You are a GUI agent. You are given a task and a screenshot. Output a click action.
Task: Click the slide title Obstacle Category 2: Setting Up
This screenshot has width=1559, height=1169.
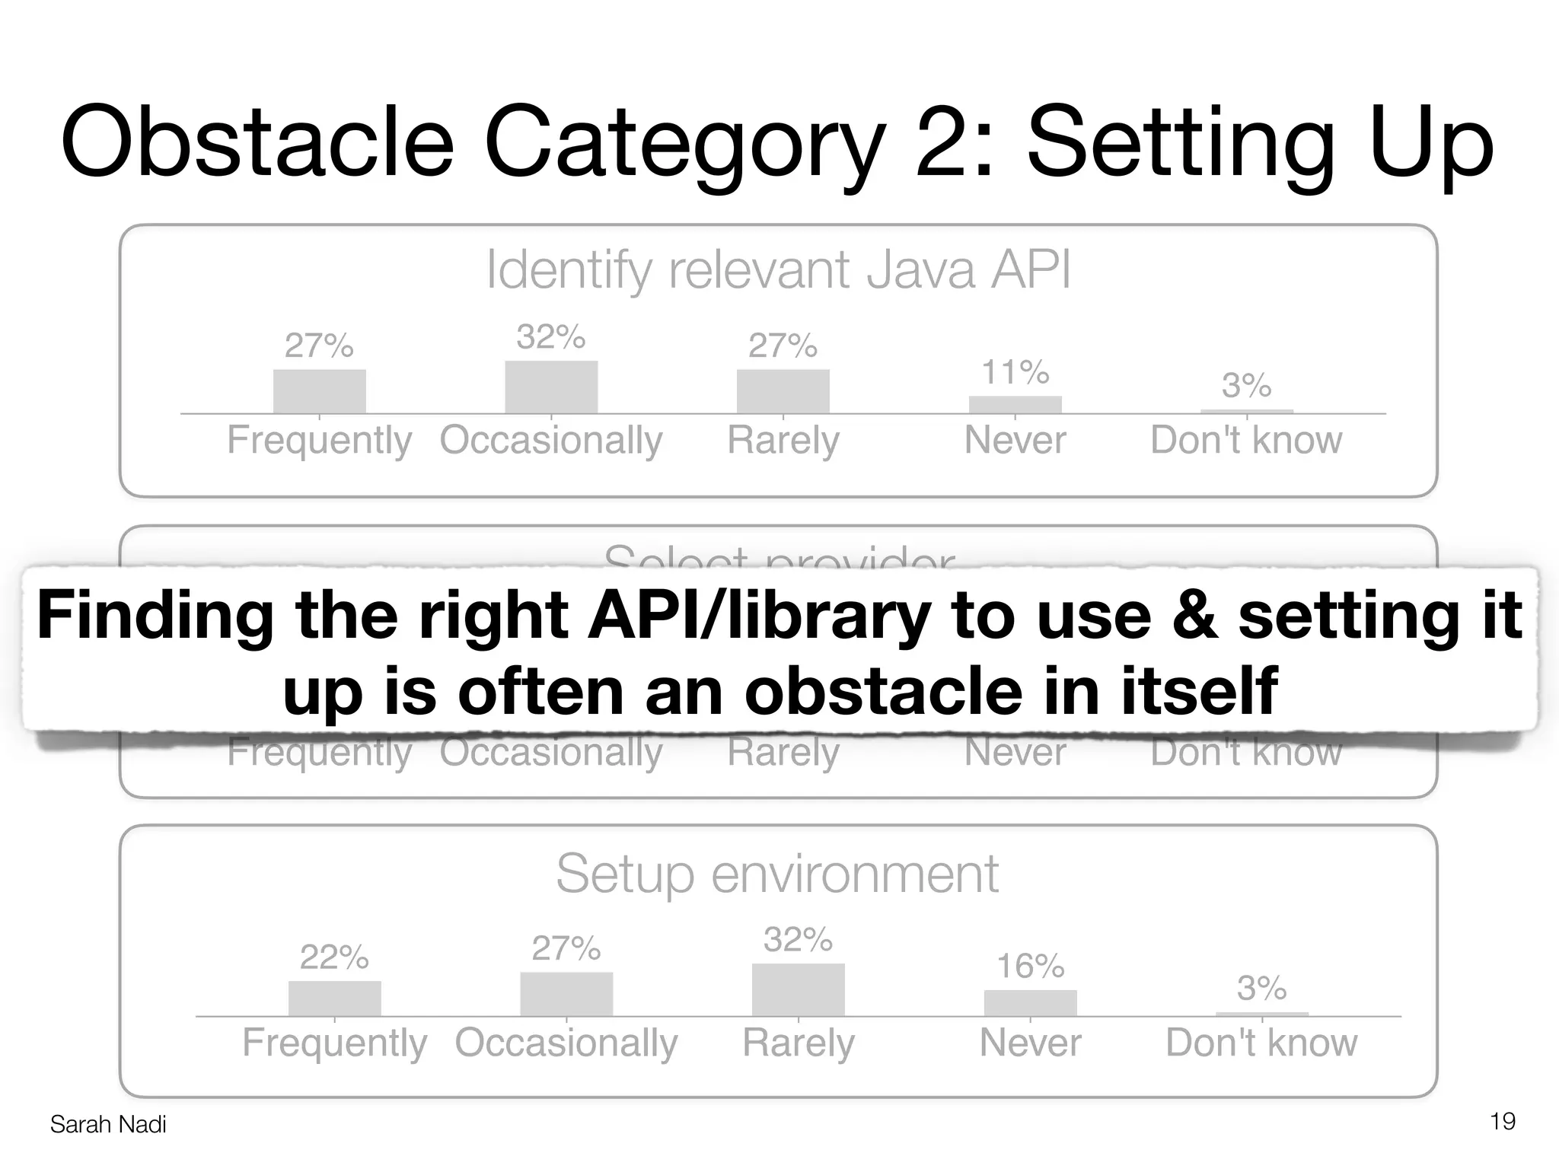tap(776, 143)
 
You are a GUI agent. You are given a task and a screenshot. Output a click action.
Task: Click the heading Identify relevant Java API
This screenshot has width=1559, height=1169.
tap(778, 269)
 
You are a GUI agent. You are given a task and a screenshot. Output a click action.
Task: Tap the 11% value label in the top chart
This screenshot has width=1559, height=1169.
tap(1015, 373)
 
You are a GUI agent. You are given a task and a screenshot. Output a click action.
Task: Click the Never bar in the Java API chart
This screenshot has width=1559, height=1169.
tap(1015, 405)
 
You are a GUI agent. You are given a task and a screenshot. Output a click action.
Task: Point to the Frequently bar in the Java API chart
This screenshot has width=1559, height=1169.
tap(319, 392)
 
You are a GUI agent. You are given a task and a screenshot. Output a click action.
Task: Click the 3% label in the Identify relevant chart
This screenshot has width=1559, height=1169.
tap(1246, 386)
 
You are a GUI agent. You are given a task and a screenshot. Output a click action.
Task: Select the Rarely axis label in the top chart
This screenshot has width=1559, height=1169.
tap(783, 440)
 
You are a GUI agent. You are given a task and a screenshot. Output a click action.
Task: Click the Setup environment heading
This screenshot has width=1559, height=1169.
tap(776, 874)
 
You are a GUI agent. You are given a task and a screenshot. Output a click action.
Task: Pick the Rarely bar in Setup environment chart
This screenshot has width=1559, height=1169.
tap(798, 990)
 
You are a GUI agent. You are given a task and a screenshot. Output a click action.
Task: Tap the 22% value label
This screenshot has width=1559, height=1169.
tap(334, 957)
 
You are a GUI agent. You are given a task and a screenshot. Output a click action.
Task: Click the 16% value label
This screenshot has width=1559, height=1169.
tap(1030, 967)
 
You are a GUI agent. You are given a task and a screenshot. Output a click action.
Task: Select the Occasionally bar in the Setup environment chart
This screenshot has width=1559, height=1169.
tap(566, 995)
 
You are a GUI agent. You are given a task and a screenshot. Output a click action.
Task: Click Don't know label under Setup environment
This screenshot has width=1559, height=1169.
tap(1261, 1043)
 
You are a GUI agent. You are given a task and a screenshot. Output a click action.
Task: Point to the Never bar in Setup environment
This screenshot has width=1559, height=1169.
tap(1030, 1003)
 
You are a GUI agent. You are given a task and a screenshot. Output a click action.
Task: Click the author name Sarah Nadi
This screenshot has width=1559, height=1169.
tap(107, 1124)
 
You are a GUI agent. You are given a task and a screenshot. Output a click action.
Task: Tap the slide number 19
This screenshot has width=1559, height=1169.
tap(1502, 1121)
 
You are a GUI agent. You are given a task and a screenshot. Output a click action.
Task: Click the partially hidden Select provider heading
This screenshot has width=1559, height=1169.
tap(778, 558)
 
